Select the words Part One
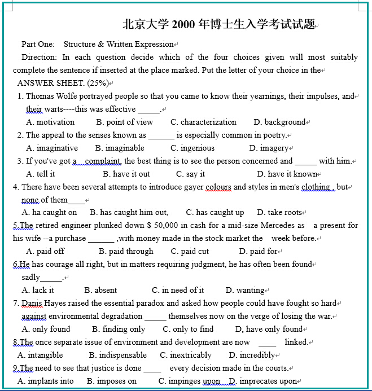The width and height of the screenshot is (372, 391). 38,44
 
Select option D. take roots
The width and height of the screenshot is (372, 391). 280,212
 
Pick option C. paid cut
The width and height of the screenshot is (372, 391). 190,251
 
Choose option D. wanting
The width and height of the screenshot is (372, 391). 246,290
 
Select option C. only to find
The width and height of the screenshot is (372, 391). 189,329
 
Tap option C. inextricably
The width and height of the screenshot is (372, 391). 186,355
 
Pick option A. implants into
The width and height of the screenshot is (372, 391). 46,381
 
